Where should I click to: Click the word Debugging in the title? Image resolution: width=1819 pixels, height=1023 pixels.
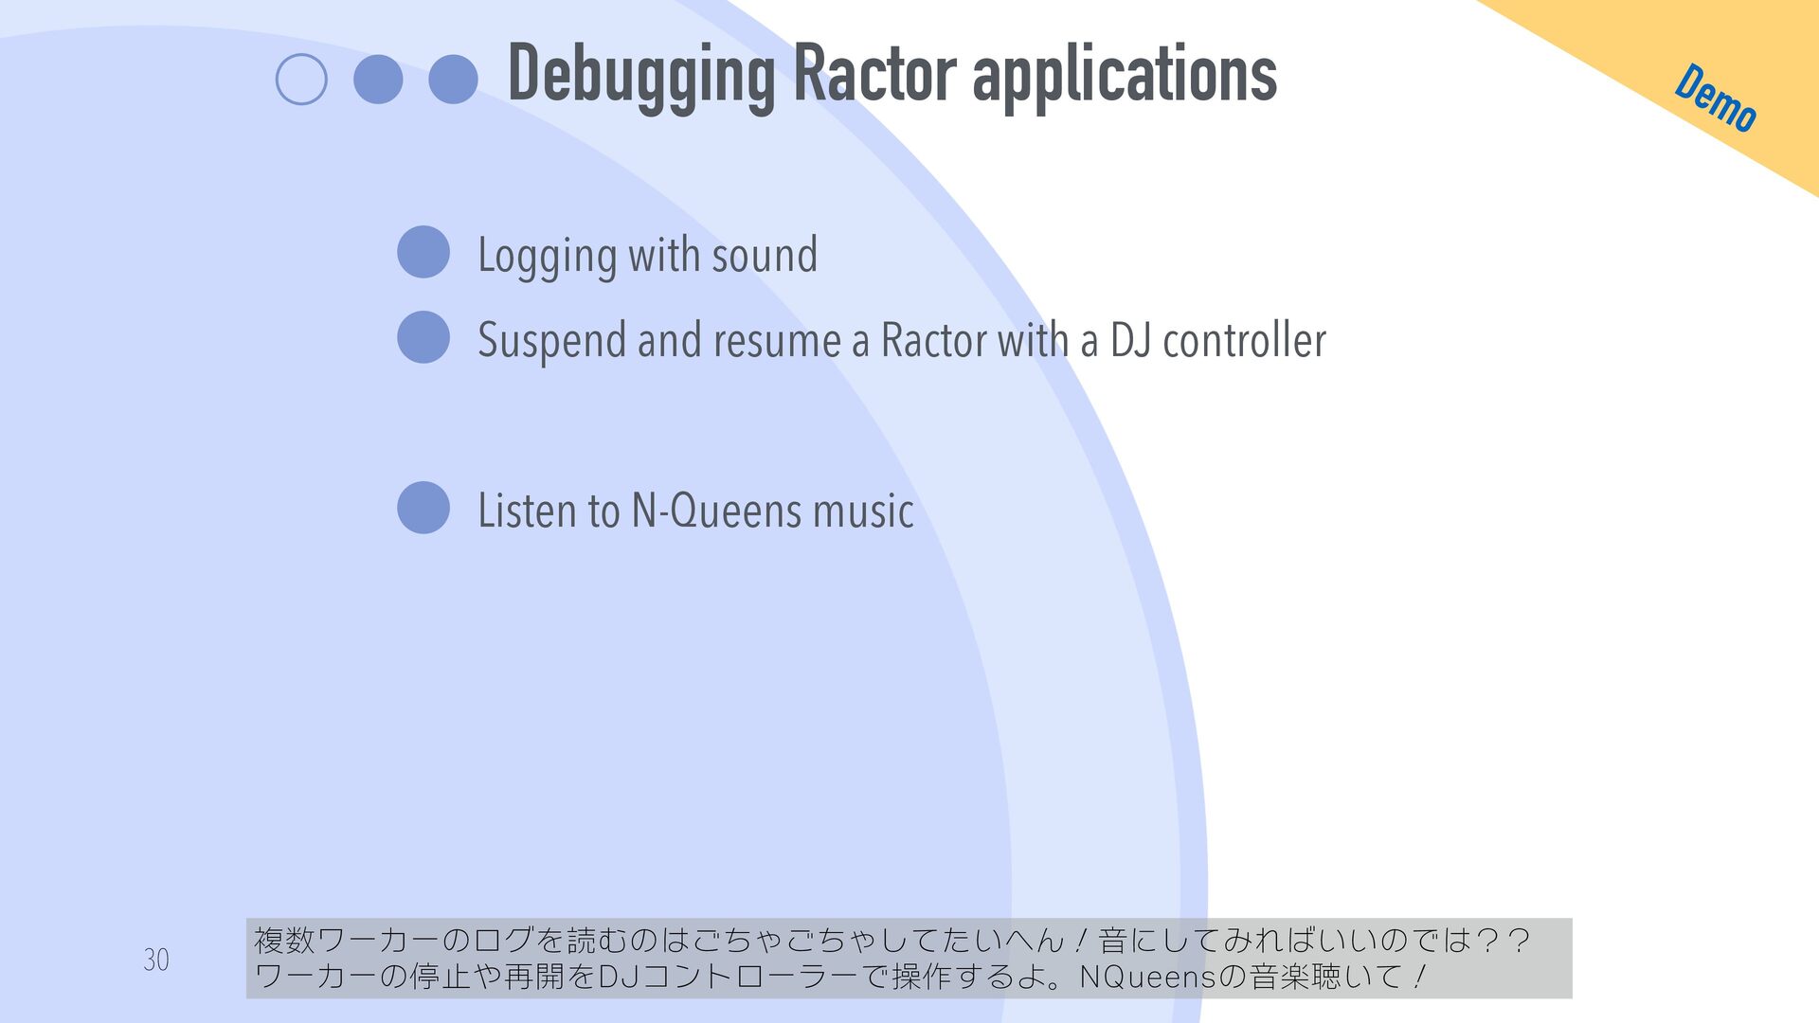642,76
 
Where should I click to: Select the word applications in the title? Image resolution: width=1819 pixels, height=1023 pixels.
1125,76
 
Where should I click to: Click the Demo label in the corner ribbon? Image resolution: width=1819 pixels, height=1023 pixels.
1716,98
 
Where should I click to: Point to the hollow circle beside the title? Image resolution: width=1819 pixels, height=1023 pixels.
301,80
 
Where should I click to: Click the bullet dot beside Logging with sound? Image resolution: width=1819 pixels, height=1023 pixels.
423,252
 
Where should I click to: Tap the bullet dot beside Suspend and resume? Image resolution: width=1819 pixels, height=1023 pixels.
423,337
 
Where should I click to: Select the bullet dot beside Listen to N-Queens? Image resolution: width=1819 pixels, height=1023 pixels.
423,508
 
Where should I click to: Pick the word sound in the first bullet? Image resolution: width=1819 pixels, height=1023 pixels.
765,256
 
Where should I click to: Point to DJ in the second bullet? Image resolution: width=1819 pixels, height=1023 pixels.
1130,340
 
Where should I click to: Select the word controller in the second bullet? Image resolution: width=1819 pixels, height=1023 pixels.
1244,340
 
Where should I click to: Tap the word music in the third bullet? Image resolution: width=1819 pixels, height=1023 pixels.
863,511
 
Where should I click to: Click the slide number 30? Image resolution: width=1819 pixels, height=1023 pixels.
156,960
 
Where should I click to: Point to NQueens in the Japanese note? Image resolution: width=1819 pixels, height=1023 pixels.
1142,977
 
